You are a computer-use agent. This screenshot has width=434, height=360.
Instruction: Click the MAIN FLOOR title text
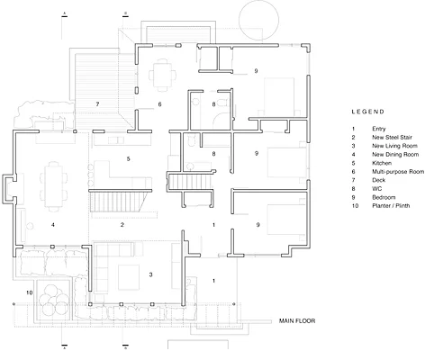point(297,321)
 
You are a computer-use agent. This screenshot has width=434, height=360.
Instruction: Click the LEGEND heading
point(367,112)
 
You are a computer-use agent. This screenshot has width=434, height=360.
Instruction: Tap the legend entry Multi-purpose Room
point(398,172)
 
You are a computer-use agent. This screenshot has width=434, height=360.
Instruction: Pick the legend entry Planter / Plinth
point(391,206)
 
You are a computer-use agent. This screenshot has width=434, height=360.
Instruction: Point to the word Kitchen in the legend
point(382,163)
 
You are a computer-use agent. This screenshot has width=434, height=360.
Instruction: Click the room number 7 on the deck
point(97,104)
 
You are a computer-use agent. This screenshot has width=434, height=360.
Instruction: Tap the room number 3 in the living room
point(150,274)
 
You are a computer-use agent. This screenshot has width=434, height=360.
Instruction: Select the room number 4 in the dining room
point(53,225)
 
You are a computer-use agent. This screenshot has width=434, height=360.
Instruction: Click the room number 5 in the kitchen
point(128,158)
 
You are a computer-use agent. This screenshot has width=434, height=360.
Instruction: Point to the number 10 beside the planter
point(29,292)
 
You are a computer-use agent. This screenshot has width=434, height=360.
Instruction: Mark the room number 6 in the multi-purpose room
point(159,104)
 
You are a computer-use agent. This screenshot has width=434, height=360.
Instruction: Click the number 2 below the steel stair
point(122,225)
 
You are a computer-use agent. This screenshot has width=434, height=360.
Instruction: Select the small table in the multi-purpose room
point(163,75)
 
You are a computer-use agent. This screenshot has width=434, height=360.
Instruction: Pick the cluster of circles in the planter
point(53,299)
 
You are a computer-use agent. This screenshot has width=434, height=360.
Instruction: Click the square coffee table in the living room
point(129,277)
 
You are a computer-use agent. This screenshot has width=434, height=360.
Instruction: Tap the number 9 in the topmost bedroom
point(256,71)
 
